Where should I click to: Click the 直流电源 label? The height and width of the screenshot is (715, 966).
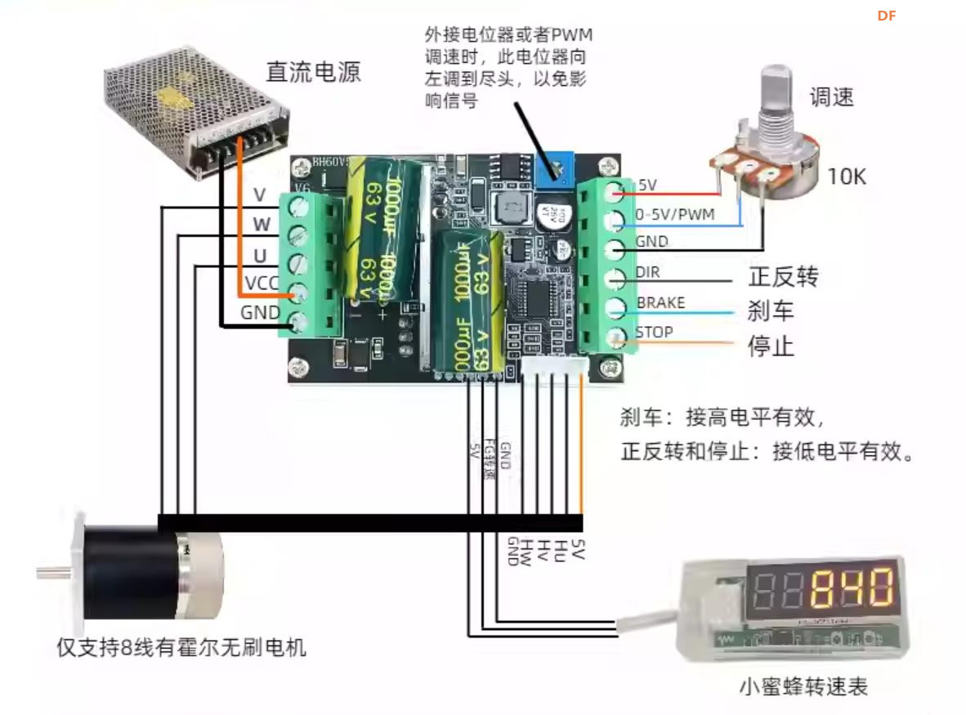[x=313, y=72]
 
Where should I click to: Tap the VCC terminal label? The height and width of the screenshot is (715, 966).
[x=262, y=284]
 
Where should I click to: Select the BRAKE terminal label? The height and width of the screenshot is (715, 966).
[x=660, y=303]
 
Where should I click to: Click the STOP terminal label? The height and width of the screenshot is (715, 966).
[x=654, y=333]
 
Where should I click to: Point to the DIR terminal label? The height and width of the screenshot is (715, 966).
[x=647, y=273]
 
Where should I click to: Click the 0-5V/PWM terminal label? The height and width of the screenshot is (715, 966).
[x=675, y=215]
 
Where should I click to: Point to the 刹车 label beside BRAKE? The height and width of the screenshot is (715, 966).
[x=771, y=311]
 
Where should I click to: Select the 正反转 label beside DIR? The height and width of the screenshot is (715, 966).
[x=782, y=277]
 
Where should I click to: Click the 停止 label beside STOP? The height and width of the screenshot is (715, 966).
[x=771, y=346]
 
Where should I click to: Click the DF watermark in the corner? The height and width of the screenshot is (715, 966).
[x=887, y=16]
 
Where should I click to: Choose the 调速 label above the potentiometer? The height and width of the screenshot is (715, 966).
[x=831, y=97]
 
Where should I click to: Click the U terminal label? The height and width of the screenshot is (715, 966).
[x=260, y=256]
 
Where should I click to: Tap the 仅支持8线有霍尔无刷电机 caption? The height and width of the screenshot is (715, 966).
[x=181, y=649]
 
